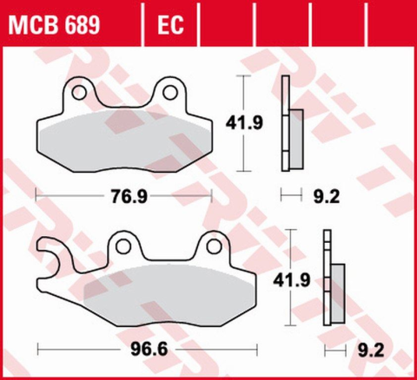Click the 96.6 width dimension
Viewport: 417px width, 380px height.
tap(148, 352)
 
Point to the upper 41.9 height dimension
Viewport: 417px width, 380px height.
tap(265, 122)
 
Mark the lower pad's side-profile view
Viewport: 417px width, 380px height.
tap(331, 282)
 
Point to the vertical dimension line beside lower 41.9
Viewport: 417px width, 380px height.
tap(298, 279)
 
